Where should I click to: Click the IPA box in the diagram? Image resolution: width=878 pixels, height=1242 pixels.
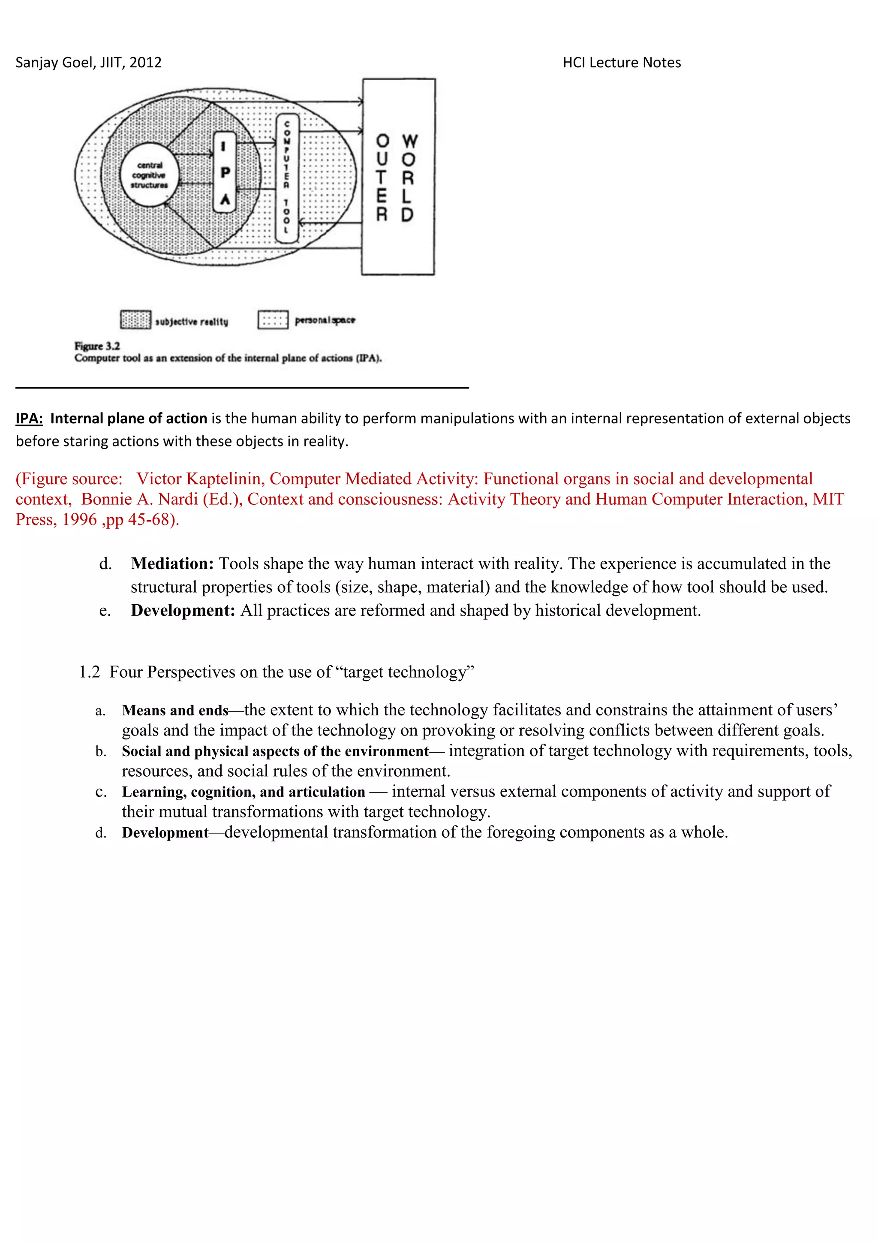pos(225,172)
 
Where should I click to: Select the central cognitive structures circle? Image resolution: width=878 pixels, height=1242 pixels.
pos(149,175)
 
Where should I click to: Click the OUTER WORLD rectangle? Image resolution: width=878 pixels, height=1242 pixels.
pos(398,176)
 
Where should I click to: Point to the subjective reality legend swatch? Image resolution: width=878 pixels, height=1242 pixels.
pos(135,320)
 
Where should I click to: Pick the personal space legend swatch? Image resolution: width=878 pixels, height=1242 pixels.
pos(273,320)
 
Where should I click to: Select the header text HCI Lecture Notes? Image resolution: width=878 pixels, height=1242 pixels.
pos(621,63)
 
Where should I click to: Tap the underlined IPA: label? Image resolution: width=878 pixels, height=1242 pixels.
pos(29,419)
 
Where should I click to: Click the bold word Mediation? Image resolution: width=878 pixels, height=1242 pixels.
pos(172,564)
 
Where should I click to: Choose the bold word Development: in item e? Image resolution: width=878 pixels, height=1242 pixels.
pos(183,611)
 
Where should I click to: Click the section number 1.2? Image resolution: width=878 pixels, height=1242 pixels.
pos(89,672)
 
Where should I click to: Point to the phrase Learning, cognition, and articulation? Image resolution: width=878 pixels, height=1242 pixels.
pos(243,793)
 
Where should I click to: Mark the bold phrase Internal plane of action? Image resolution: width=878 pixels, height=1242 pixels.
pos(129,419)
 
